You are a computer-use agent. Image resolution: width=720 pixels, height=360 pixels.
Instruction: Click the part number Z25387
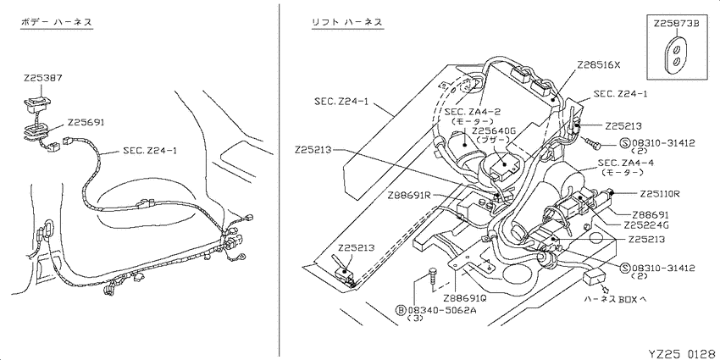(x=42, y=79)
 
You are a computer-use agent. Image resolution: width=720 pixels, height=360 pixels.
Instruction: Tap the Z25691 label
(x=86, y=123)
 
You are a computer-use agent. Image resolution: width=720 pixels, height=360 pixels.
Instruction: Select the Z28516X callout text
(x=599, y=64)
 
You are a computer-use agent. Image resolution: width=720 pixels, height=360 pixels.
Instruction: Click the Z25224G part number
(x=645, y=226)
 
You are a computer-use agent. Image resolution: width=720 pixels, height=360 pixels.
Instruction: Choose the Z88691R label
(x=408, y=195)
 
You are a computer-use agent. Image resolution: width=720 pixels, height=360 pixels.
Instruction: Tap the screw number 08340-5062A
(x=442, y=310)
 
